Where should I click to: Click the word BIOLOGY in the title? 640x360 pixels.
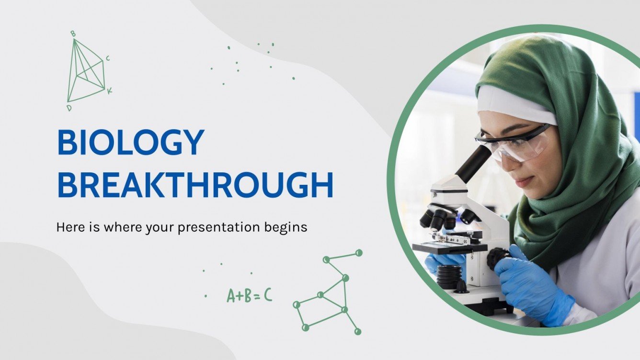(130, 143)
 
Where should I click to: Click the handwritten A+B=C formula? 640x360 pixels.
(249, 295)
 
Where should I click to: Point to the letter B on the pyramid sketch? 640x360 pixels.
(73, 33)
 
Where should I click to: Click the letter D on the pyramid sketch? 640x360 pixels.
(69, 108)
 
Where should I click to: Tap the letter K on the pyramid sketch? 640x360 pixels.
(110, 90)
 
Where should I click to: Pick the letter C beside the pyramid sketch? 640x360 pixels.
(108, 58)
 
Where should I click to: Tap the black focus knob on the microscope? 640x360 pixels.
(497, 259)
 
